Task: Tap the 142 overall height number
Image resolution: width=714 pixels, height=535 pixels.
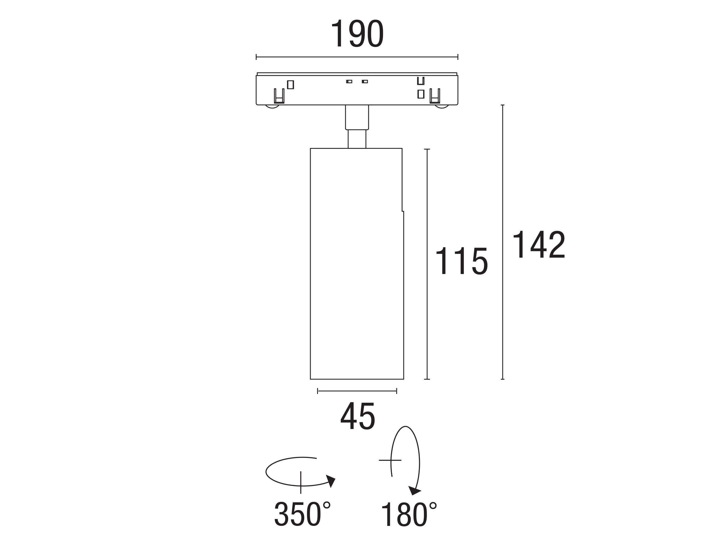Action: point(538,245)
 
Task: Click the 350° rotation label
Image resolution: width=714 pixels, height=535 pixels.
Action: point(302,514)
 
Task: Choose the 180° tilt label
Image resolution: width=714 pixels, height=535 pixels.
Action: point(409,514)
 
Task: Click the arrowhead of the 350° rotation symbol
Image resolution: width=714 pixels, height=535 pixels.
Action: point(331,481)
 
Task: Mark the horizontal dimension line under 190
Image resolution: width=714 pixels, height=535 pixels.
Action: point(357,57)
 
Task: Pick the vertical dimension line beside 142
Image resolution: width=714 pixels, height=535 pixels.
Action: point(503,242)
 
